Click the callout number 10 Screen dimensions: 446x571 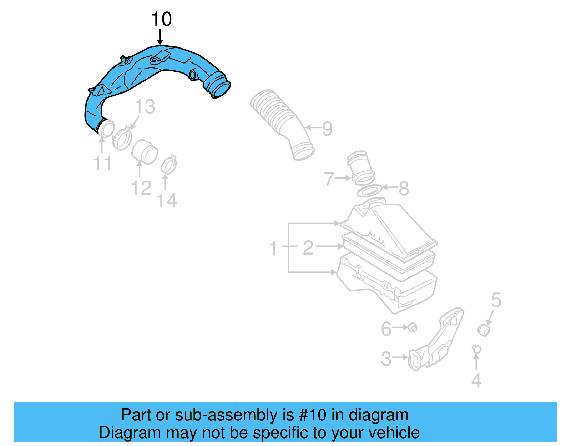coord(161,19)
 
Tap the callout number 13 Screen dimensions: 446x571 coord(145,107)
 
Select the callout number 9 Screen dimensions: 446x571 coord(327,129)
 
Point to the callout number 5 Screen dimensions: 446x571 coord(496,300)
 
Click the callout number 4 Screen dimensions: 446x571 coord(476,380)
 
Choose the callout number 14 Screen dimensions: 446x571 coord(167,201)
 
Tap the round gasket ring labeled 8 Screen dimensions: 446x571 coord(369,191)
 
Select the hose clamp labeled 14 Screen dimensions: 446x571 coord(169,165)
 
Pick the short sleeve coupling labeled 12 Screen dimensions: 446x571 coord(145,151)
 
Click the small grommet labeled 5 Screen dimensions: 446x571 coord(484,330)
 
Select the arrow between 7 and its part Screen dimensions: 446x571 coord(343,178)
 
